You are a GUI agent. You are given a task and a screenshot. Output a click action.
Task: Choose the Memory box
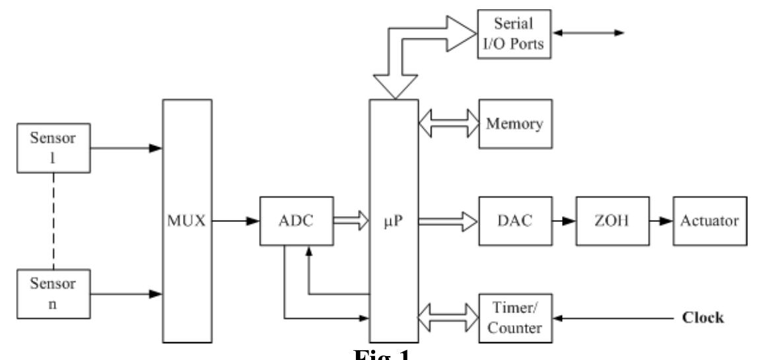pos(514,124)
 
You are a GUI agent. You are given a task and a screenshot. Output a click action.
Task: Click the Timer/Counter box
pos(514,318)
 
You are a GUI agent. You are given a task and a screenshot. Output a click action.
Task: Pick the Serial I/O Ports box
pos(514,33)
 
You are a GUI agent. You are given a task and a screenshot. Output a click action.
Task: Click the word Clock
pos(702,318)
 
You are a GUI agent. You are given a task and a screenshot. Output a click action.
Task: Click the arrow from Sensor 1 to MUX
pos(125,148)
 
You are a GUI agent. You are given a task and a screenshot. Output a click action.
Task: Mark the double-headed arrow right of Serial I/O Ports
pos(589,32)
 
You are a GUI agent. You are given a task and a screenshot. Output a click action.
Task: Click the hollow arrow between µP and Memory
pos(448,124)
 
